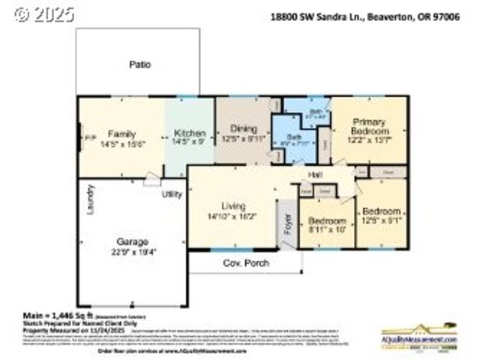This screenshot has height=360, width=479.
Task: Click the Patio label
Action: click(139, 64)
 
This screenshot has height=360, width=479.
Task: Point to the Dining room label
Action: click(243, 128)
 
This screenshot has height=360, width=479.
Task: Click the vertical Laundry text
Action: click(90, 199)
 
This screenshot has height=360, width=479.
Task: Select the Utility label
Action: click(172, 194)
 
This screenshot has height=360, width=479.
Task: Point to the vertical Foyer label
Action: click(287, 224)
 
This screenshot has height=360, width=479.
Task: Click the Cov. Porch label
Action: click(246, 263)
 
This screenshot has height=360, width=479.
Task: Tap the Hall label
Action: click(315, 176)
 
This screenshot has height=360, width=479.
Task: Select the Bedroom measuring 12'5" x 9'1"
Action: click(382, 211)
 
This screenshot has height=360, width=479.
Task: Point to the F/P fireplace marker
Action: click(88, 138)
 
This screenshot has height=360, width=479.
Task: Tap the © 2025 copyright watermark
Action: click(45, 14)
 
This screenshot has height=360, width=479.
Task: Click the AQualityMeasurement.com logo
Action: click(418, 340)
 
